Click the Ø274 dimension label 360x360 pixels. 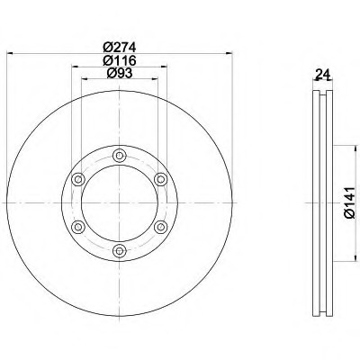pos(120,47)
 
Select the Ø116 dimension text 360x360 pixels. pos(120,60)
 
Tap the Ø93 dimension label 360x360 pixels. pos(120,73)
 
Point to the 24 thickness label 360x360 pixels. pos(322,74)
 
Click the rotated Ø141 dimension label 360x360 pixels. pos(350,202)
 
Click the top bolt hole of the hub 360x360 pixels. pos(120,156)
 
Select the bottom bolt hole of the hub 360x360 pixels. pos(120,250)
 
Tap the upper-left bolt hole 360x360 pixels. pos(78,179)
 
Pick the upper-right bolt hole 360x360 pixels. pos(161,179)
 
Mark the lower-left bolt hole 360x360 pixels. pos(78,227)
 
